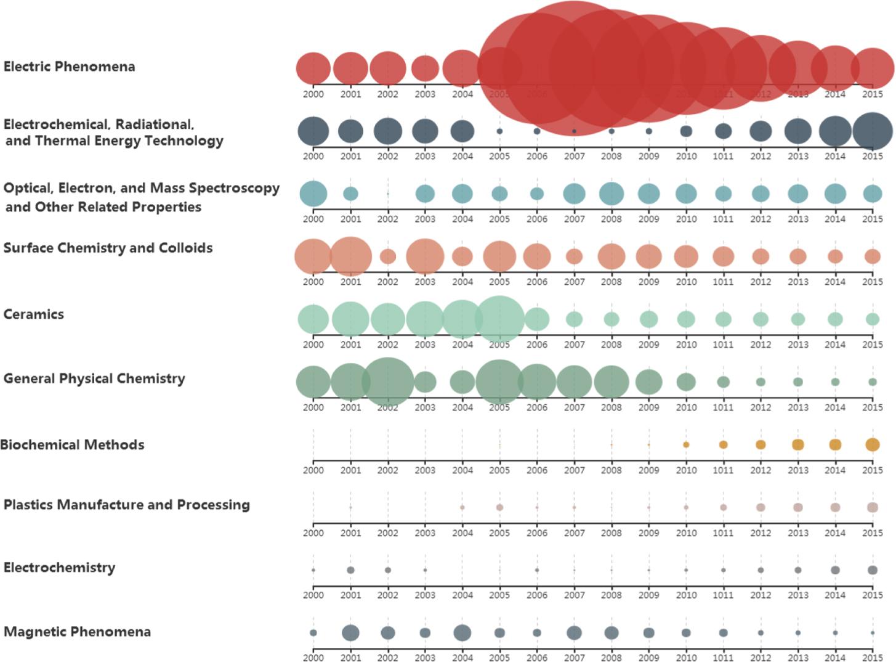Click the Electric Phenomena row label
coord(69,67)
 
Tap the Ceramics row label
coord(34,314)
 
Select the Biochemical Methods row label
coord(72,445)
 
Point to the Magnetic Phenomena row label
coord(77,632)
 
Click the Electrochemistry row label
coord(59,568)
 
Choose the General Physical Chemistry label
coord(94,378)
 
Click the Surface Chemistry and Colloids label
coord(108,248)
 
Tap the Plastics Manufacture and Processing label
coord(127,505)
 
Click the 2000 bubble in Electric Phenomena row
coord(313,68)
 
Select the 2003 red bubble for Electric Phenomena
coord(425,68)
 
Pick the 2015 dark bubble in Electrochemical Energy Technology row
coord(873,131)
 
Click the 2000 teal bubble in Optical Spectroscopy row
coord(313,194)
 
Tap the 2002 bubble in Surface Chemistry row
coord(388,256)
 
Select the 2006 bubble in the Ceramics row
coord(537,319)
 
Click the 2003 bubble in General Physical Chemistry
coord(425,382)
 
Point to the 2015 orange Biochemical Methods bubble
coord(873,444)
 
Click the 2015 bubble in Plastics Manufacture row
coord(873,507)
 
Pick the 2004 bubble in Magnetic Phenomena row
coord(462,633)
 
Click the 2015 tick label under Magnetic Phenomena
coord(873,657)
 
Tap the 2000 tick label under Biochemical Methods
coord(313,470)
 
